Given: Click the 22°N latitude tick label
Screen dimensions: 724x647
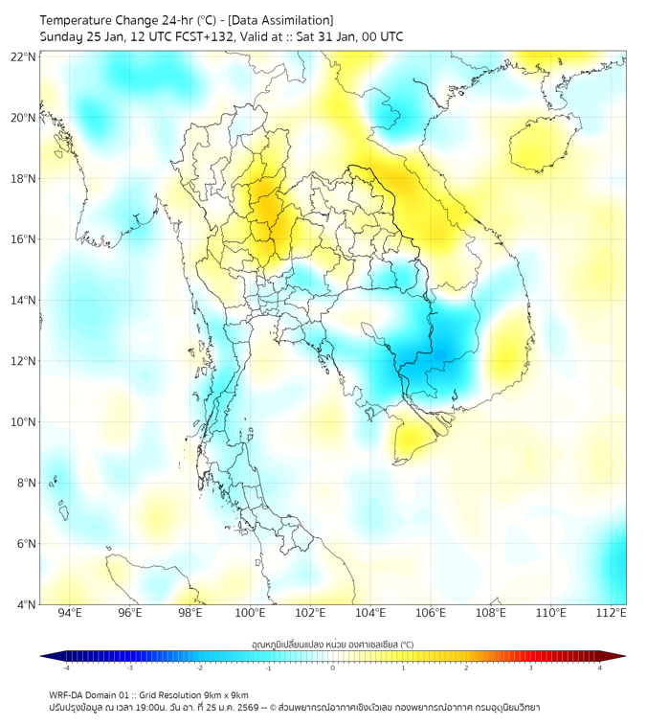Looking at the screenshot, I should click(24, 57).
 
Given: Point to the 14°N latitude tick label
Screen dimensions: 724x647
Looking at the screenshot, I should click(24, 301).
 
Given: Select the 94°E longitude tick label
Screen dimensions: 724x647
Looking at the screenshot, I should click(70, 614).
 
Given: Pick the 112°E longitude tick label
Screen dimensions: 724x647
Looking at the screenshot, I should click(611, 614).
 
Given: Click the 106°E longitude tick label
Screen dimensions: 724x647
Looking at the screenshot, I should click(431, 614).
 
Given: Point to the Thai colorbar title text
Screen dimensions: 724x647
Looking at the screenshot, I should click(332, 645).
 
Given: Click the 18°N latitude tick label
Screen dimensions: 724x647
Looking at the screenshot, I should click(24, 179).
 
